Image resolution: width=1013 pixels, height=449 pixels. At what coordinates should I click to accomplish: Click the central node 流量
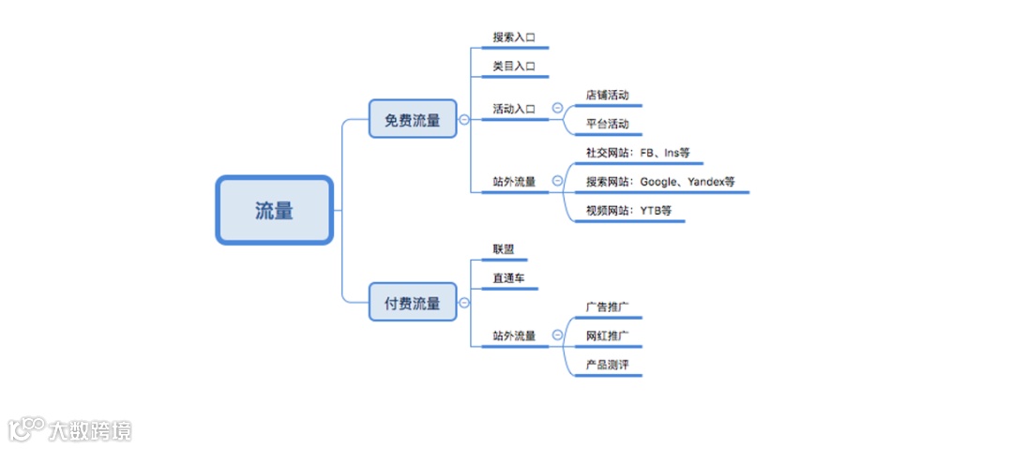(x=274, y=211)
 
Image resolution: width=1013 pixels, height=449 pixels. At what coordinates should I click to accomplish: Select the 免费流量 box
(x=412, y=119)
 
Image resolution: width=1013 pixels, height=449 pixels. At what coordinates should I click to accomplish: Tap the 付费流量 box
(x=412, y=303)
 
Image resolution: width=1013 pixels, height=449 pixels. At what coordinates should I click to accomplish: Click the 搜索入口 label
(x=514, y=38)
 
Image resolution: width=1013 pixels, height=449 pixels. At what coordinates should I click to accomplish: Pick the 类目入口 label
(x=514, y=67)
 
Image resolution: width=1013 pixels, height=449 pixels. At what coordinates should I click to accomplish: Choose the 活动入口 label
(x=514, y=109)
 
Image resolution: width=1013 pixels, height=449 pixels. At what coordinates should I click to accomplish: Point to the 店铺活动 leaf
(x=607, y=95)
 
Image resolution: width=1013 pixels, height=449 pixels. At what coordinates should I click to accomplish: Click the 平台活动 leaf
(x=607, y=124)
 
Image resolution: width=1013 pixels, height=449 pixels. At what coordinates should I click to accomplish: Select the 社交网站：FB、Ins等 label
(x=637, y=152)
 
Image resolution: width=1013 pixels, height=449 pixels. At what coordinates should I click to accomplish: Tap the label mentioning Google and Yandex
(x=660, y=181)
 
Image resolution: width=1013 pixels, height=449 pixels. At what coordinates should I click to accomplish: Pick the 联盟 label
(x=504, y=249)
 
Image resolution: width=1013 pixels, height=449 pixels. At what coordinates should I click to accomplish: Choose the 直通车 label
(x=509, y=278)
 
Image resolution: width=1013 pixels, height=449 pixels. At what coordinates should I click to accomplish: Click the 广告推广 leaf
(x=607, y=307)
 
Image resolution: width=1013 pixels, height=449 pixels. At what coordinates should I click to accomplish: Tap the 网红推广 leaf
(x=607, y=336)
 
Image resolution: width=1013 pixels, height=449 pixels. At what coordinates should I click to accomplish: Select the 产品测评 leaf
(x=607, y=364)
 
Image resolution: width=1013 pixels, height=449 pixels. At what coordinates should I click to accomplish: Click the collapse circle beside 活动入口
(x=557, y=109)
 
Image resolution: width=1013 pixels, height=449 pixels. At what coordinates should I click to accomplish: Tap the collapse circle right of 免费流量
(x=464, y=119)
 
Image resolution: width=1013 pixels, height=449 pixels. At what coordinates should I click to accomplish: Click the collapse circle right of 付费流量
(x=464, y=303)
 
